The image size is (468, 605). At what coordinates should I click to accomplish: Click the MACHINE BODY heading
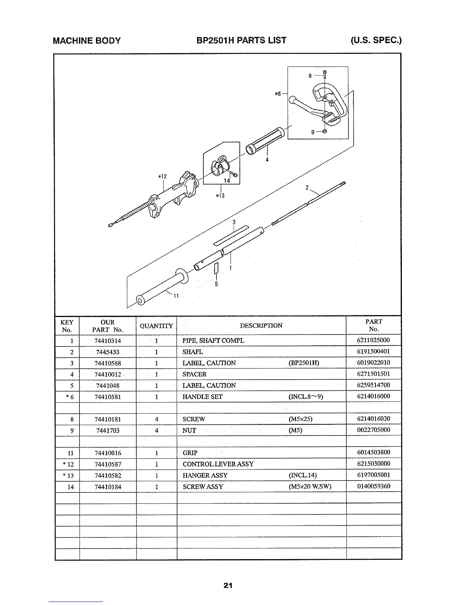coord(87,40)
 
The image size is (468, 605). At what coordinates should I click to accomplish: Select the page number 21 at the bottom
coord(228,585)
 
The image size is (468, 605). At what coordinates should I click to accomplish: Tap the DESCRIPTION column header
coord(261,326)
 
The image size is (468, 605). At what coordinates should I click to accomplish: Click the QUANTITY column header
coord(156,326)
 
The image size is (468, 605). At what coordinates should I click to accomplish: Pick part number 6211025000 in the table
coord(373,340)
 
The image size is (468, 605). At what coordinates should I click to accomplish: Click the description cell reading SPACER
coord(194,374)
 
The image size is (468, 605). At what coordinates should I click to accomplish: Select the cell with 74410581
coord(107,397)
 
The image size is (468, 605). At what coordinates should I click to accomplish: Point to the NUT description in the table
coord(189,430)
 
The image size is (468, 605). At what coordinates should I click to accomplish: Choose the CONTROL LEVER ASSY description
coord(218,464)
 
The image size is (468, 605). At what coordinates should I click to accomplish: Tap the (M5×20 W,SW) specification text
coord(310,487)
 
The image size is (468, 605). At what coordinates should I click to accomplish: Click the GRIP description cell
coord(190,453)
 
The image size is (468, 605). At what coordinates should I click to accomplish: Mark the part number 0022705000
coord(373,430)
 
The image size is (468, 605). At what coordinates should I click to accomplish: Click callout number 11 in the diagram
coord(176,296)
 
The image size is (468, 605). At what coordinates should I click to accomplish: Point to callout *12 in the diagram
coord(162,176)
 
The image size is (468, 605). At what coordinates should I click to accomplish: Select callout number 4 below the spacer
coord(267,160)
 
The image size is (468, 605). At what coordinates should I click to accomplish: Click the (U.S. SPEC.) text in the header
coord(376,40)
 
